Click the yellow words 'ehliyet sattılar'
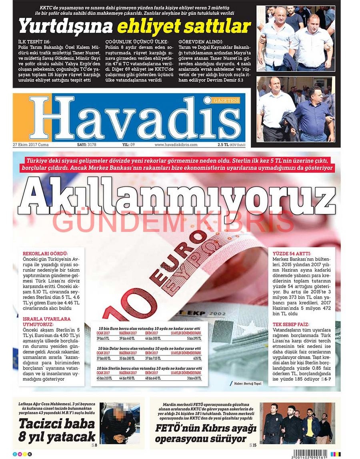point(184,26)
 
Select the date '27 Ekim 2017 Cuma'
point(31,145)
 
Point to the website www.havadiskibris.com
point(176,145)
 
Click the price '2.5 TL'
point(223,145)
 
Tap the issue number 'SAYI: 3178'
point(86,145)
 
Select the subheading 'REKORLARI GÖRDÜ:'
point(45,253)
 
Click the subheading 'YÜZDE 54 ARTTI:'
point(292,253)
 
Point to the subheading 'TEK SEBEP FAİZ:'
point(291,324)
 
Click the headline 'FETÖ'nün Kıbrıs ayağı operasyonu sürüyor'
point(205,433)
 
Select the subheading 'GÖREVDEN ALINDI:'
point(200,41)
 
